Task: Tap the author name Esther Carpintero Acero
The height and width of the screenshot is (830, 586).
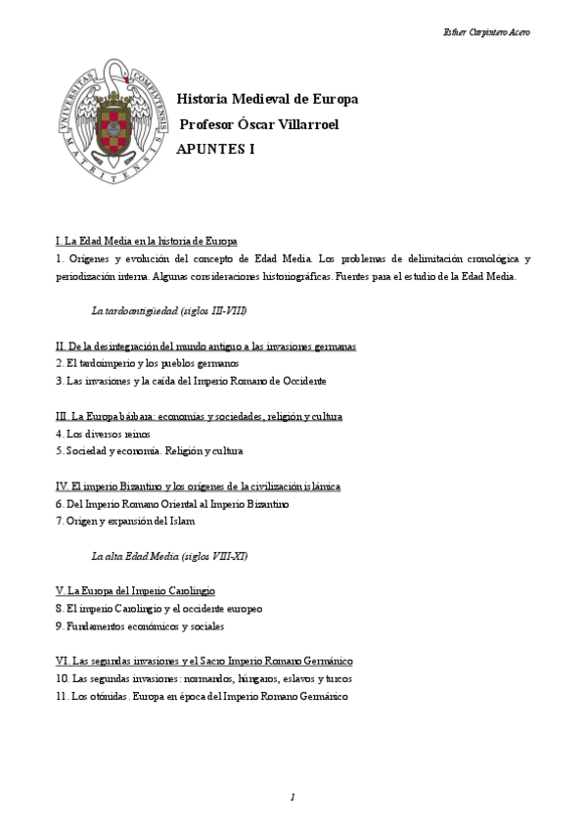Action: pyautogui.click(x=487, y=32)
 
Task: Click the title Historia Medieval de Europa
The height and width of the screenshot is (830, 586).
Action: pyautogui.click(x=267, y=99)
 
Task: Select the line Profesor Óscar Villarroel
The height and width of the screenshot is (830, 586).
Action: pyautogui.click(x=259, y=124)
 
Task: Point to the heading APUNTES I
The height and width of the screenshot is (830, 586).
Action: pyautogui.click(x=215, y=150)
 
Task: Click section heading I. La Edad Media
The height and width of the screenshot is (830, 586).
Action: pyautogui.click(x=147, y=241)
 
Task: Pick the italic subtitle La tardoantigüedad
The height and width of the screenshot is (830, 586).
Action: pyautogui.click(x=168, y=311)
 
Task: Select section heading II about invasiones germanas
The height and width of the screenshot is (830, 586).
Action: pyautogui.click(x=205, y=346)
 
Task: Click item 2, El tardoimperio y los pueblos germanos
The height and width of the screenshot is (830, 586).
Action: pyautogui.click(x=133, y=363)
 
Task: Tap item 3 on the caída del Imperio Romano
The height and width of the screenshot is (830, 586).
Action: pyautogui.click(x=191, y=380)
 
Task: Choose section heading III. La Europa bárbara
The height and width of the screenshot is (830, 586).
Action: pyautogui.click(x=199, y=417)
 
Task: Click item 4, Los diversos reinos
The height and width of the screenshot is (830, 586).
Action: pyautogui.click(x=103, y=434)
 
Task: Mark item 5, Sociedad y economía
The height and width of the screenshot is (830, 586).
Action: pyautogui.click(x=149, y=451)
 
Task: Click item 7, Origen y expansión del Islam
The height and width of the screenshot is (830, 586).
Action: pyautogui.click(x=125, y=522)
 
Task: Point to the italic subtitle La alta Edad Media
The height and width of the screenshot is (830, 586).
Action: pyautogui.click(x=168, y=556)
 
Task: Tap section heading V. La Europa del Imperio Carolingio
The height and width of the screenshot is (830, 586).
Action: pyautogui.click(x=135, y=591)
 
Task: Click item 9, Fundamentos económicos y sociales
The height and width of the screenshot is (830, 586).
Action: pyautogui.click(x=140, y=625)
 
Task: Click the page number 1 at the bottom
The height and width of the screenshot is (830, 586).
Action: pyautogui.click(x=293, y=798)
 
